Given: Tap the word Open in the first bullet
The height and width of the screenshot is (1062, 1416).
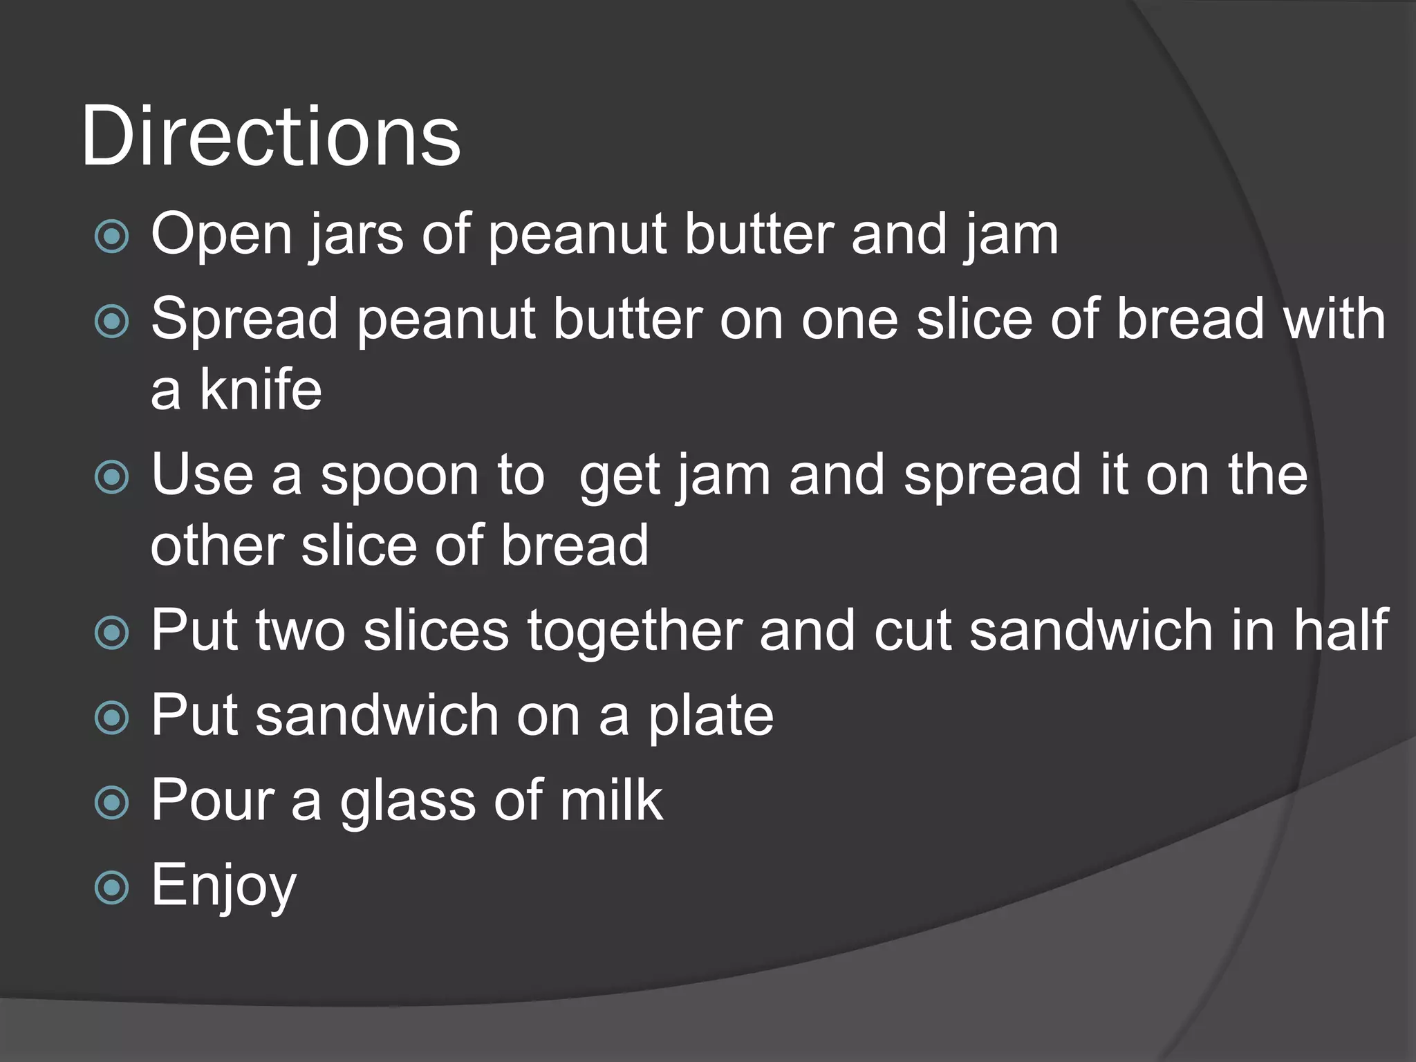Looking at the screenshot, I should click(221, 235).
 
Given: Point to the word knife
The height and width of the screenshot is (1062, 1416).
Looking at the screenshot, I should click(261, 389).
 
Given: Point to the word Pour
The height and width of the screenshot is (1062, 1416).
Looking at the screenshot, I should click(212, 800).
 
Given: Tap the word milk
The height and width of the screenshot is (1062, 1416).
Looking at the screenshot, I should click(611, 800).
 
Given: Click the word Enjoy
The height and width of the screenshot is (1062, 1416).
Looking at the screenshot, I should click(223, 886).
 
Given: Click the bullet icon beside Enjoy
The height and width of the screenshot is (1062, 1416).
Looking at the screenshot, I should click(111, 887).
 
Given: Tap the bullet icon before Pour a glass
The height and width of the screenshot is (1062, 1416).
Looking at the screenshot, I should click(111, 802).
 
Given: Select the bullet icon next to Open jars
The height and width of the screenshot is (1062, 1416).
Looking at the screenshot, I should click(111, 236).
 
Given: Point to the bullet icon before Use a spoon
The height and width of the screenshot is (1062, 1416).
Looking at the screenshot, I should click(111, 477).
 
